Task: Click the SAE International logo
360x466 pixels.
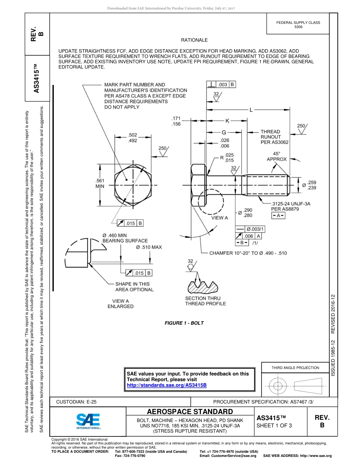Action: [88, 421]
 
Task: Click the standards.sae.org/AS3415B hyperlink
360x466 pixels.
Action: [166, 385]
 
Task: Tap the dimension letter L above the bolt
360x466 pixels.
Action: [251, 110]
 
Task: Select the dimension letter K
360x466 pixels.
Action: [227, 121]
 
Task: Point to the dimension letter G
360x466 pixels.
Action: [224, 133]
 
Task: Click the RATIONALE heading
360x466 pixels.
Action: [194, 40]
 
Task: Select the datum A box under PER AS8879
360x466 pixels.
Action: [279, 216]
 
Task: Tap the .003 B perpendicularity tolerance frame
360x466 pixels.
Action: [221, 84]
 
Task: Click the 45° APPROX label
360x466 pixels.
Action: [277, 156]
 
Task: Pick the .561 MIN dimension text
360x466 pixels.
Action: [100, 183]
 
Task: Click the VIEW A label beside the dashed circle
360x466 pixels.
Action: [219, 218]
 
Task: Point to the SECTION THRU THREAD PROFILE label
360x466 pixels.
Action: [205, 301]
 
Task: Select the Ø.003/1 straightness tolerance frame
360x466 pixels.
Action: [250, 229]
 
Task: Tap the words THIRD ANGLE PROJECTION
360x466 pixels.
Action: [295, 367]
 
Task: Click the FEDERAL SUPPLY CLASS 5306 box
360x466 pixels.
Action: [298, 25]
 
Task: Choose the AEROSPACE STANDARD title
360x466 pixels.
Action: [190, 411]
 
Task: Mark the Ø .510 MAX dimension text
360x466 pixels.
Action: [149, 247]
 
